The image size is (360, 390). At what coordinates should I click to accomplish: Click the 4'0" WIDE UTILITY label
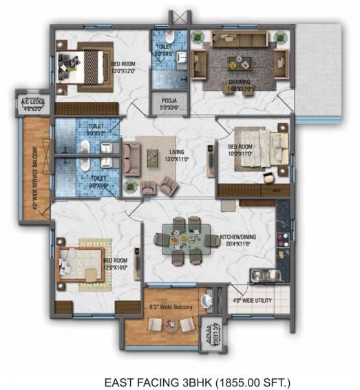(x=253, y=300)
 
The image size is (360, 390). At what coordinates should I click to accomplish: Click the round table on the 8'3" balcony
(x=206, y=300)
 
